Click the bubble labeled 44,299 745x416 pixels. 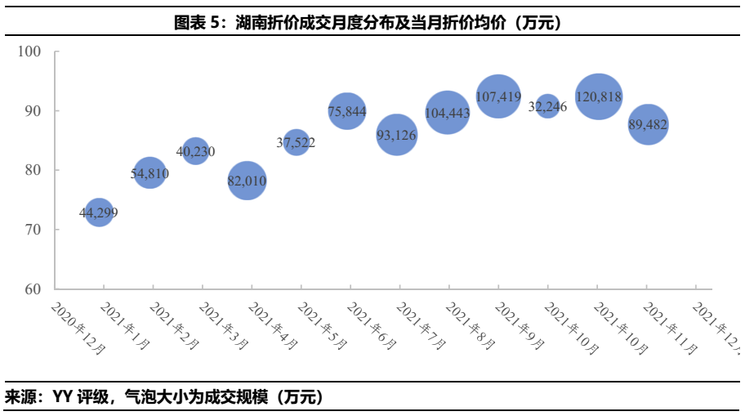click(x=99, y=212)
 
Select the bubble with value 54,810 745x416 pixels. click(x=149, y=173)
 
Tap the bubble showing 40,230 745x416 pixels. click(x=196, y=150)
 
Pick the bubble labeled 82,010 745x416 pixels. click(x=248, y=181)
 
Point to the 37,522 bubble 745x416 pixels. click(x=296, y=142)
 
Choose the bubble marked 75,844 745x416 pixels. click(x=346, y=111)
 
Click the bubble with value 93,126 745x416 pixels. click(x=397, y=135)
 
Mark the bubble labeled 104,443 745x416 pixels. click(x=448, y=113)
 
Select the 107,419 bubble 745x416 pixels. click(x=498, y=96)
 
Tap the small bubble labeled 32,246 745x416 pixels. click(x=547, y=106)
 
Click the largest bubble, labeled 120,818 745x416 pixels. click(x=599, y=96)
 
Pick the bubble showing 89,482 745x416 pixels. click(x=649, y=124)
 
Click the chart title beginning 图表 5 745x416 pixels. click(x=372, y=24)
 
